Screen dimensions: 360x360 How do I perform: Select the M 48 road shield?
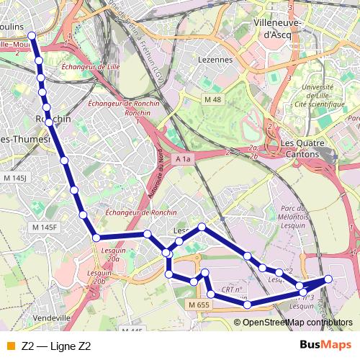[x=213, y=99]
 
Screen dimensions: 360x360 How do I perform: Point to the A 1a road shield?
[x=184, y=159]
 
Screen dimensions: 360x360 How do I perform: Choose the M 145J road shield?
[x=14, y=177]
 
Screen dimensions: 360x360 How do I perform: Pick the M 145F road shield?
[x=45, y=228]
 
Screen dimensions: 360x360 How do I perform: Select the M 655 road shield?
[x=200, y=306]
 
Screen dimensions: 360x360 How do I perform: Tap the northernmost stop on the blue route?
[x=32, y=35]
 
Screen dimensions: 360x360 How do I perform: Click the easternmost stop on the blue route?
[x=329, y=279]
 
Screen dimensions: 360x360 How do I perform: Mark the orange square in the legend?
[x=10, y=346]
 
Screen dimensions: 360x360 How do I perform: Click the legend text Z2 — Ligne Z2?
[x=56, y=346]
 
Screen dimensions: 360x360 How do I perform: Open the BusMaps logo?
[x=326, y=346]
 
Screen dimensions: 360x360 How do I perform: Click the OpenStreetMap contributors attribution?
[x=298, y=322]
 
